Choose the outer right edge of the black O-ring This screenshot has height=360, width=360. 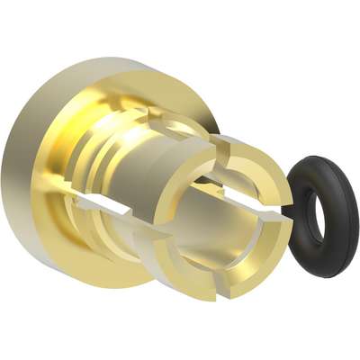click(357, 220)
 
